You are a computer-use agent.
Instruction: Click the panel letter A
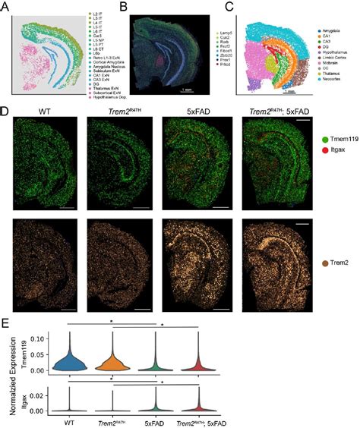6,7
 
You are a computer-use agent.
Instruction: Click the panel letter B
122,7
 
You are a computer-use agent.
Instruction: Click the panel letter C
240,7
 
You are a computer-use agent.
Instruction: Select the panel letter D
6,112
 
